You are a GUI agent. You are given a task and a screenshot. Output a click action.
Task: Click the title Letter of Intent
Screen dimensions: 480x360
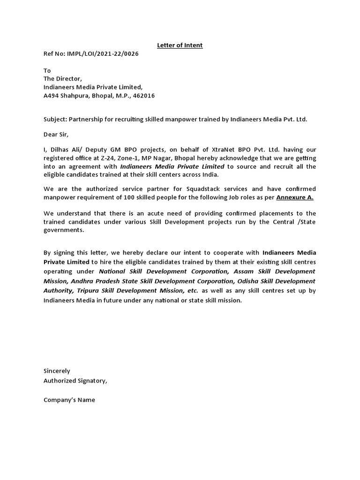(x=180, y=45)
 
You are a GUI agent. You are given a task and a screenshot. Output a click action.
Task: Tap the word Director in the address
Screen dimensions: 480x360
(x=69, y=79)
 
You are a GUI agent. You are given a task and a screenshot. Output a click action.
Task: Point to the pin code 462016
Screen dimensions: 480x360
(x=144, y=96)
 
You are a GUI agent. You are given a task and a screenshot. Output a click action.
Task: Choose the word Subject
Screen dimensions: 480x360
(x=55, y=119)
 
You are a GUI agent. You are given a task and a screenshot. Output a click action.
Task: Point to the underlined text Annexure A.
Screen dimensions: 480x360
(x=295, y=197)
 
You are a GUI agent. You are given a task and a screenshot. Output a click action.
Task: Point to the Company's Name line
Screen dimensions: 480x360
(x=69, y=400)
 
